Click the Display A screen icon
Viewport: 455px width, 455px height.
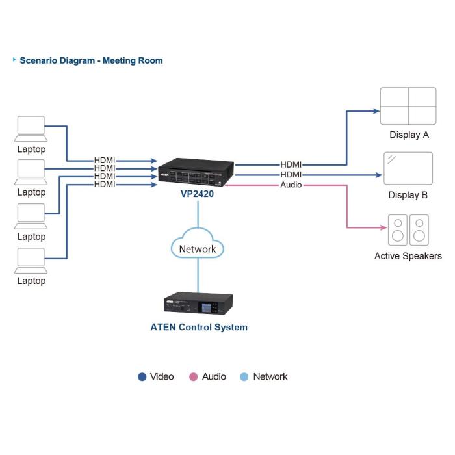[408, 105]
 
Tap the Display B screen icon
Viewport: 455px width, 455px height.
[408, 168]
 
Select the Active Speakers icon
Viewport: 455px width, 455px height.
[408, 229]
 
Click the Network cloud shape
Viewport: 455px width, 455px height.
[198, 248]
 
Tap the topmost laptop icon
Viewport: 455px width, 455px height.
[31, 128]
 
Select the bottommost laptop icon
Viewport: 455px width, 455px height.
[31, 260]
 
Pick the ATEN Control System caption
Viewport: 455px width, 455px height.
[199, 327]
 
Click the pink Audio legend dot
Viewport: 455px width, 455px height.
[193, 377]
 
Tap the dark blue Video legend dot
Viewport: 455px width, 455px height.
[142, 377]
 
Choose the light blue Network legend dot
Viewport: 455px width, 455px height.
[244, 377]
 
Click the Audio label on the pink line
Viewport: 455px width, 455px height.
[291, 185]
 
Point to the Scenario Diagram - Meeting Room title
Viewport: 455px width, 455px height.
[91, 60]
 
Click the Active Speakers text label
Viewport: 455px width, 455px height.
[408, 256]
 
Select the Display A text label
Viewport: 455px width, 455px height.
[409, 135]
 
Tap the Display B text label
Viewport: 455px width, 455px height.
[408, 195]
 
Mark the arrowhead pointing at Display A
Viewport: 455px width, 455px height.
[376, 111]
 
